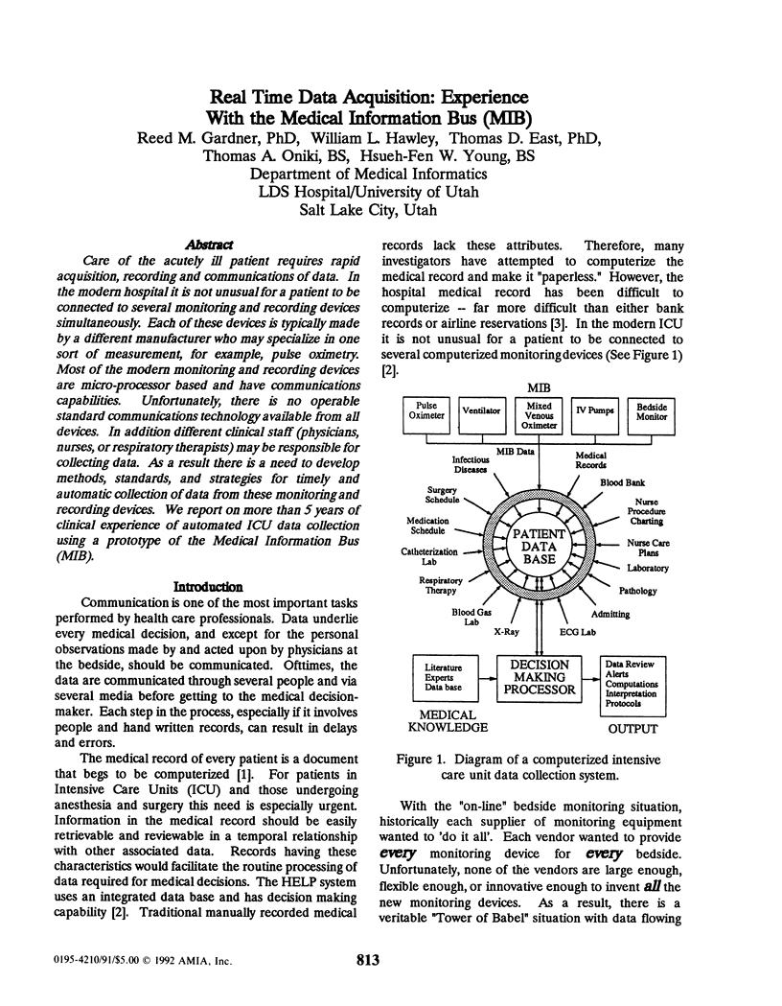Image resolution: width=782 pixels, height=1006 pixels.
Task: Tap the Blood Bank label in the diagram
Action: (x=622, y=482)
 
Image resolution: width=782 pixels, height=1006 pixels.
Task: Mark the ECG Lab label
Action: (x=577, y=632)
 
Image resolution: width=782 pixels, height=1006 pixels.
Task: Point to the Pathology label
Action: (x=637, y=591)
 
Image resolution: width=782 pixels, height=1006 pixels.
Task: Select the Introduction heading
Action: (x=207, y=586)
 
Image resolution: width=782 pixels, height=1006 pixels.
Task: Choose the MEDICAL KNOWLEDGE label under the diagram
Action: (x=443, y=722)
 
